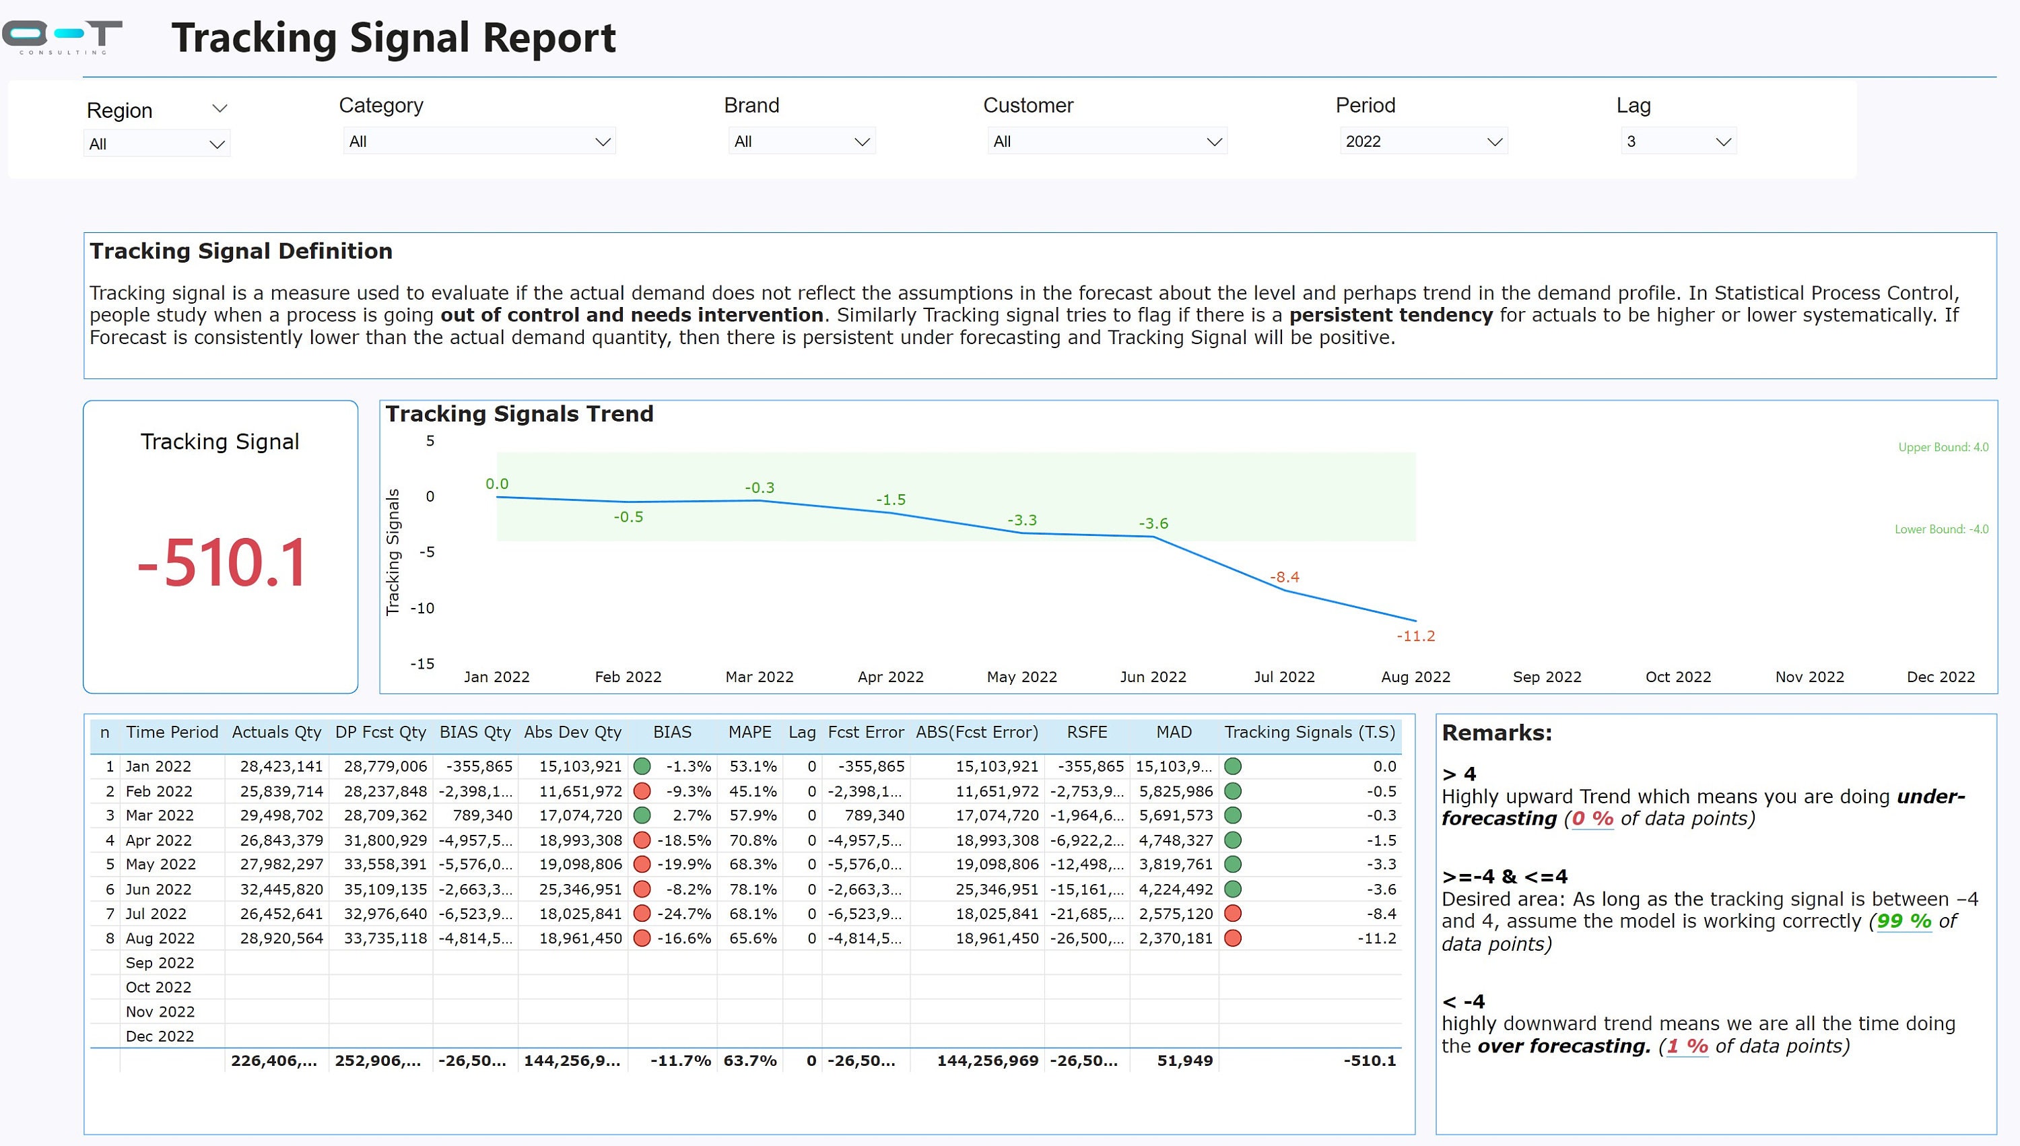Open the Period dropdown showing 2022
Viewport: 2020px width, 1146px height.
[x=1423, y=141]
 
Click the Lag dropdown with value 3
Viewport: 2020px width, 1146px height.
[x=1678, y=141]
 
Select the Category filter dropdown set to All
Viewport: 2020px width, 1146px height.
[x=479, y=141]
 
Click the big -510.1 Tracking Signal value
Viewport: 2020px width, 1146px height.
[x=221, y=564]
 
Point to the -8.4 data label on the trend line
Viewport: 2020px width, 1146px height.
[x=1284, y=577]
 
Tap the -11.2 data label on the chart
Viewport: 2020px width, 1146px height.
[x=1415, y=636]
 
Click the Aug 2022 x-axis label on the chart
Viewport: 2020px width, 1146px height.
[x=1415, y=677]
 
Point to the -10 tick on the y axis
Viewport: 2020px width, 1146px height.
[x=423, y=607]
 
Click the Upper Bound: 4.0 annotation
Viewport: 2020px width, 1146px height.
[x=1942, y=447]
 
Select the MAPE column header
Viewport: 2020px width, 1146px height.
[x=749, y=732]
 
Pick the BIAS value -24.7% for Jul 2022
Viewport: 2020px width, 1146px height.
[x=687, y=914]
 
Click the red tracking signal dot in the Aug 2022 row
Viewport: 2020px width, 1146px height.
[x=1232, y=938]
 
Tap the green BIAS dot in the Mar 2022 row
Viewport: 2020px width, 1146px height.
[x=642, y=815]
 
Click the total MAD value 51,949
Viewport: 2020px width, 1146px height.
[x=1184, y=1060]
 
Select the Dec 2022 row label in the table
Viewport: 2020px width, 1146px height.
[x=160, y=1036]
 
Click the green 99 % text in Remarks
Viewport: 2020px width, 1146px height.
[x=1904, y=921]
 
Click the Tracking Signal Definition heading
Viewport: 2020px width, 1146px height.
[x=241, y=251]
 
